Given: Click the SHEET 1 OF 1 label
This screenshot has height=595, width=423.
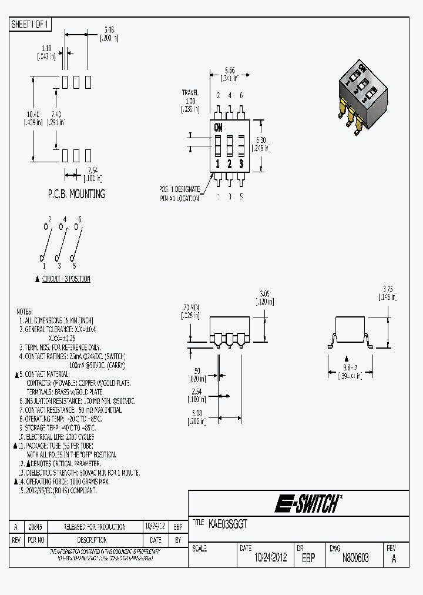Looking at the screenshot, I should (31, 25).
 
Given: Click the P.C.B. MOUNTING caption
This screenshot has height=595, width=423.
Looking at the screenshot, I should (76, 193).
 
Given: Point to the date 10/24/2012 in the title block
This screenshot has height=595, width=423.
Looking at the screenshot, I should (270, 558).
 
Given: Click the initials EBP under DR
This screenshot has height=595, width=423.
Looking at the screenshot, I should (308, 558).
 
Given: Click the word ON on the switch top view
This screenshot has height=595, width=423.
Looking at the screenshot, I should (219, 127).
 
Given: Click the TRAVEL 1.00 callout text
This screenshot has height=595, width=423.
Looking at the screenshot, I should (190, 101).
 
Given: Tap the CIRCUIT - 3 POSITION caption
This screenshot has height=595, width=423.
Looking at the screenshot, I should (66, 279).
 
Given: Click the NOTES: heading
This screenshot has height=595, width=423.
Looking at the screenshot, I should (25, 312).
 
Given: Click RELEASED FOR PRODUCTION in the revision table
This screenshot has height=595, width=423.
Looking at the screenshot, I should (95, 527).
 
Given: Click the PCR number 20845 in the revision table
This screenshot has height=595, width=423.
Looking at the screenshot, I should (35, 527).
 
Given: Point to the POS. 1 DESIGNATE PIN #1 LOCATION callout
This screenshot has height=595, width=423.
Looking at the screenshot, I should (179, 193).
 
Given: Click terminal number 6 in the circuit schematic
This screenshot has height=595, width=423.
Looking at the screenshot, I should (80, 219).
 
